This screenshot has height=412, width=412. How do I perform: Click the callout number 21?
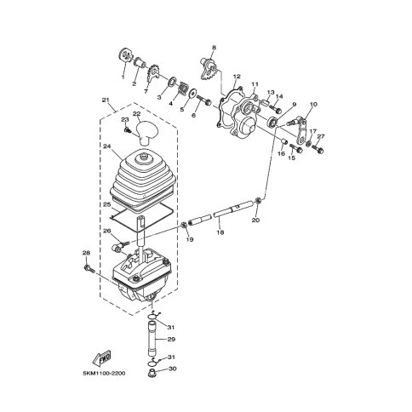[106, 100]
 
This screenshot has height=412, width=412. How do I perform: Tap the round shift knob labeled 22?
[151, 132]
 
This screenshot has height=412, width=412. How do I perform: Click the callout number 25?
[108, 205]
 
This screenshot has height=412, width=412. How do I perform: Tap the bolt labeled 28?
[89, 269]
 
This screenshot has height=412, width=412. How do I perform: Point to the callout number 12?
[237, 77]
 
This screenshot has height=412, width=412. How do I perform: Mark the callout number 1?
[123, 77]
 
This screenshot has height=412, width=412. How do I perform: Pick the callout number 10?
[312, 104]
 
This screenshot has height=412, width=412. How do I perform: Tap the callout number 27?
[321, 136]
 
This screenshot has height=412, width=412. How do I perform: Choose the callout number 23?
[124, 119]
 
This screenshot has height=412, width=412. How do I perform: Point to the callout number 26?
[107, 230]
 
